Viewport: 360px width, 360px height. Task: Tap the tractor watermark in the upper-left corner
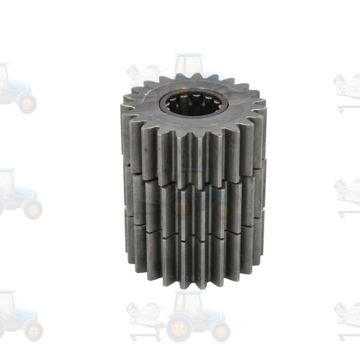[x=14, y=86]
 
